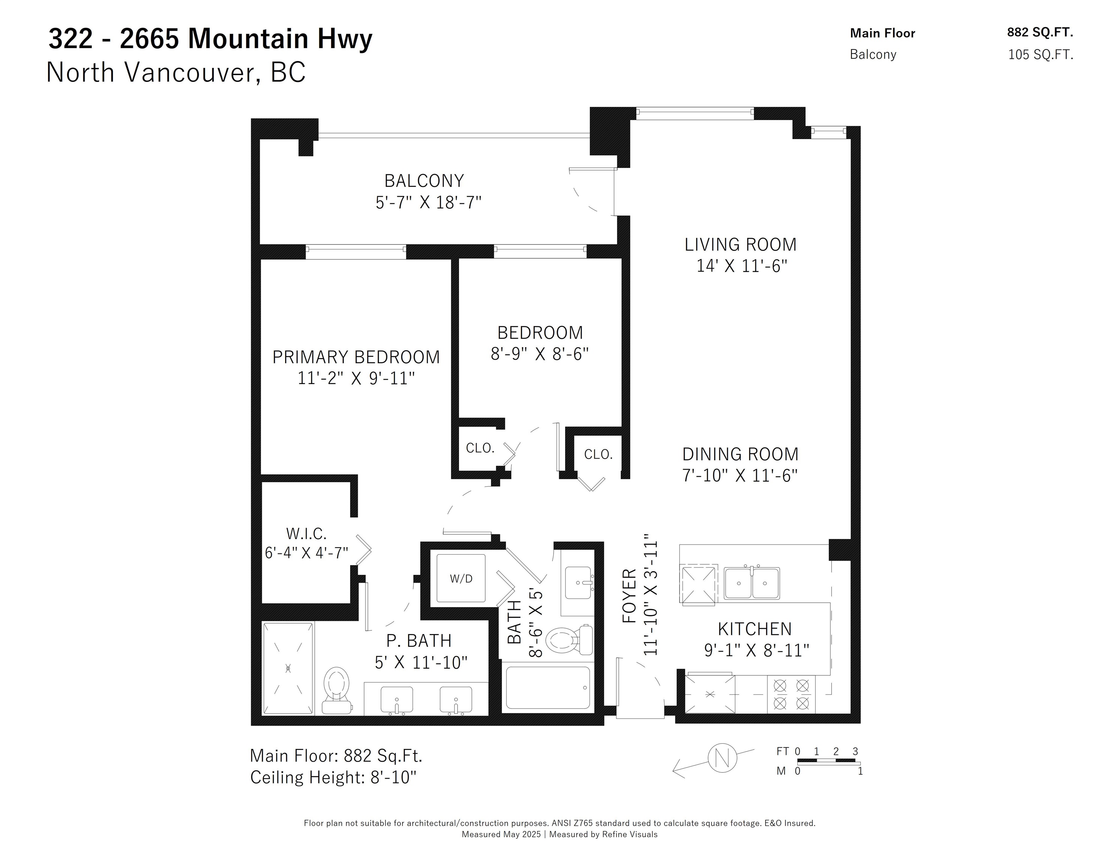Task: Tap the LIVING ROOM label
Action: (740, 244)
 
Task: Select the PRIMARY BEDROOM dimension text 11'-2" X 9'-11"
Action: (356, 378)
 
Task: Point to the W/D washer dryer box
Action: (461, 578)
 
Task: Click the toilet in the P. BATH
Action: (337, 690)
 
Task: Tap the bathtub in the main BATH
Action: (548, 687)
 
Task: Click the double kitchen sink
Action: (752, 583)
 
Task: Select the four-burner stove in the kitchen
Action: (791, 694)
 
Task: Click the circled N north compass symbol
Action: (722, 757)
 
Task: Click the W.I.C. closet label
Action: (306, 534)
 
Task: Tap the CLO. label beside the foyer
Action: (598, 454)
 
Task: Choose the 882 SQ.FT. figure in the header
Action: (1040, 32)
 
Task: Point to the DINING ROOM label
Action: (740, 454)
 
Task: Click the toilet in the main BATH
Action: (569, 640)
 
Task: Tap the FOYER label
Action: (629, 596)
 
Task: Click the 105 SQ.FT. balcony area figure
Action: (1041, 55)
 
